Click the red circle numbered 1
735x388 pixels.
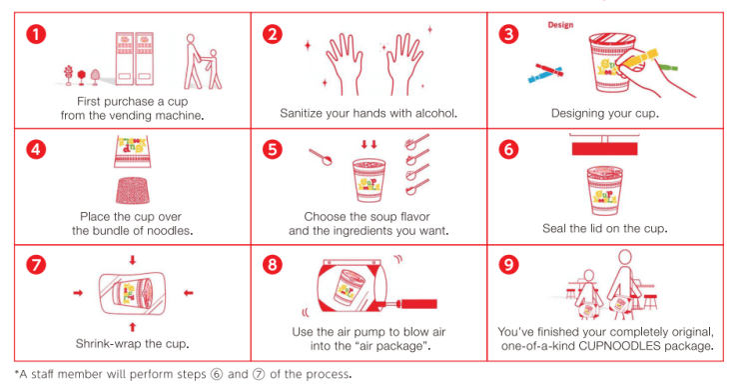[36, 34]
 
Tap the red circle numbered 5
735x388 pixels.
[273, 150]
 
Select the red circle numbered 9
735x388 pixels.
[508, 265]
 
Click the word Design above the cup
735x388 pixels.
[560, 25]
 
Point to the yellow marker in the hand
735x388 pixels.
[641, 59]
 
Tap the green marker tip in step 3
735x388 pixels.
[669, 67]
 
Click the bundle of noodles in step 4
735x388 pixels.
[133, 190]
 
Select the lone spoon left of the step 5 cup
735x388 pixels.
[321, 157]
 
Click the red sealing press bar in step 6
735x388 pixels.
[604, 149]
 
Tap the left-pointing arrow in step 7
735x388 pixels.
[189, 293]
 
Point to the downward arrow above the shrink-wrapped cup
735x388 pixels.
[133, 260]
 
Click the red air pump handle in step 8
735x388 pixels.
[418, 304]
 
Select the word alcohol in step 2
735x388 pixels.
[435, 113]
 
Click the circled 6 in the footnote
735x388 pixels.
[216, 374]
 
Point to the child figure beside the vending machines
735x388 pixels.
[215, 69]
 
